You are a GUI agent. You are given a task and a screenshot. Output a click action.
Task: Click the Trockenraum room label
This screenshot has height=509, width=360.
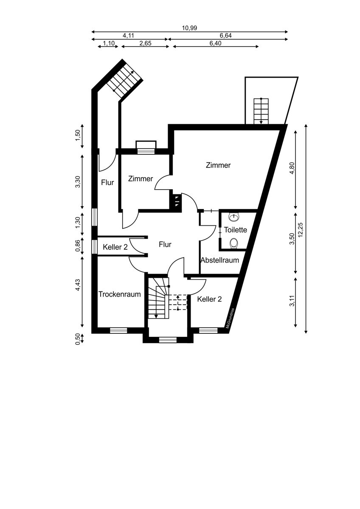point(119,294)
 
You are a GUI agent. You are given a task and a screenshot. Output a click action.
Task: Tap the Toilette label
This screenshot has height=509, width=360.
point(235,230)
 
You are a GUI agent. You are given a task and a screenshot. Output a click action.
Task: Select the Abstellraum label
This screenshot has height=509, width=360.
point(219,260)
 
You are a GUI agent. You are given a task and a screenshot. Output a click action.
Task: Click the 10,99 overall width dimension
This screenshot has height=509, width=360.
point(189,28)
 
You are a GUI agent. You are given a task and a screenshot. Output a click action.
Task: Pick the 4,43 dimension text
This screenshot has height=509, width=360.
point(78,285)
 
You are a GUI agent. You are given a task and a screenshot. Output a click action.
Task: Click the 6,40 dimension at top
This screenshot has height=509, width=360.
point(215,43)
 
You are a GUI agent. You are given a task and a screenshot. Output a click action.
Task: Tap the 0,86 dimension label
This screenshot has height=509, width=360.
point(78,246)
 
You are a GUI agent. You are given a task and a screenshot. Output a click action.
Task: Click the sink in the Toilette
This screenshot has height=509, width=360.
point(234,218)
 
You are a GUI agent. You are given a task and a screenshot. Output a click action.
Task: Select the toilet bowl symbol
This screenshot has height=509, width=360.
point(233,243)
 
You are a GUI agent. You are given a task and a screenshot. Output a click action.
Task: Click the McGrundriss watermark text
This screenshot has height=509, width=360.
point(230,318)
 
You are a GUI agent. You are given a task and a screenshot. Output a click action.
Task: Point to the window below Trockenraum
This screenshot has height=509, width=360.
point(118,330)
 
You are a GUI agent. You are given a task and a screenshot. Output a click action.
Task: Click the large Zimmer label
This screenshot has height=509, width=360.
point(218,165)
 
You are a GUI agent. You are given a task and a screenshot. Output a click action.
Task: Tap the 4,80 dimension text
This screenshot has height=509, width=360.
point(292,168)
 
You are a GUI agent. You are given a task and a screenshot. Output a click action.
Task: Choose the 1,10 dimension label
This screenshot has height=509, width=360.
point(109,43)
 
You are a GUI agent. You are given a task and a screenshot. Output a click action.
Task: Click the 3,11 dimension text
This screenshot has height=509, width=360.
point(292,301)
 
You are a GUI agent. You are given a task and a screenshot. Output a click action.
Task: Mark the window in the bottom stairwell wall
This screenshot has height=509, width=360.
point(168,340)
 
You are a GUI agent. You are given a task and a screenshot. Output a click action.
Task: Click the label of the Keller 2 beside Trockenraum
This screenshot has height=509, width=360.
point(115,247)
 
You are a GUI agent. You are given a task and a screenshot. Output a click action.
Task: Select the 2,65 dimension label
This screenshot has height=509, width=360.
point(145,43)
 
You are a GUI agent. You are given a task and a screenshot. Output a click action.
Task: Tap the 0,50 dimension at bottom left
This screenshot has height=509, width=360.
point(78,339)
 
